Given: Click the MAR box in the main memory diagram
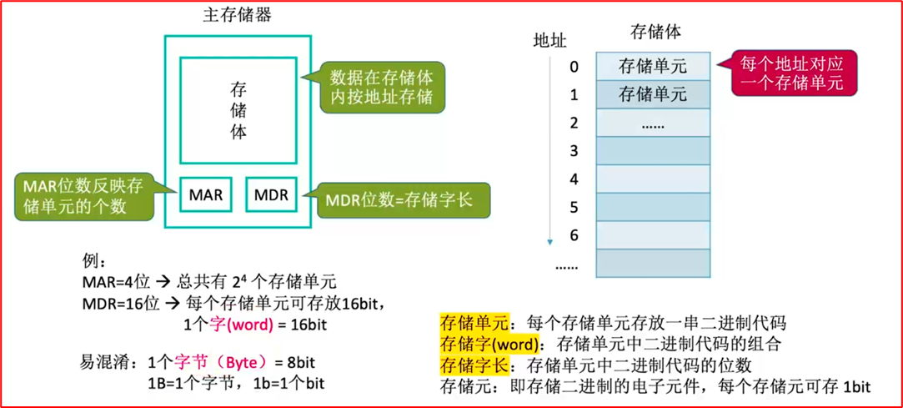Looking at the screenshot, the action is point(206,195).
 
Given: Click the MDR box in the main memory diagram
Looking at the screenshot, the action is point(271,195).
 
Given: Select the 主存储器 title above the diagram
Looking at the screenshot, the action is point(237,15).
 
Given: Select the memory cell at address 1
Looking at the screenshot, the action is point(653,94).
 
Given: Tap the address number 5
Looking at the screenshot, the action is point(574,207).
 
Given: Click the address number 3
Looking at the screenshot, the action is point(574,151).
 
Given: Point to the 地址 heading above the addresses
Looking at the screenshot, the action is point(550,40).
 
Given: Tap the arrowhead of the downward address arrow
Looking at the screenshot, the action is point(550,242).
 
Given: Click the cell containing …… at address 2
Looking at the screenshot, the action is point(653,123).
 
